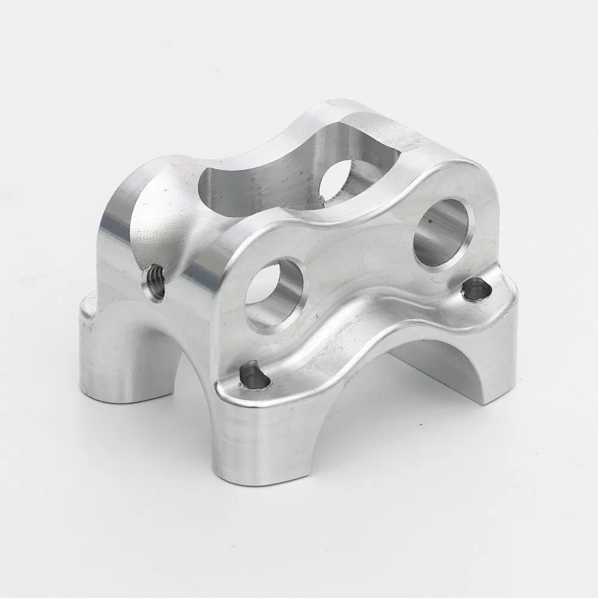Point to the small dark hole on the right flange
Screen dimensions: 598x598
pyautogui.click(x=475, y=289)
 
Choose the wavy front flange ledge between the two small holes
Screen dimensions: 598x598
pyautogui.click(x=359, y=329)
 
